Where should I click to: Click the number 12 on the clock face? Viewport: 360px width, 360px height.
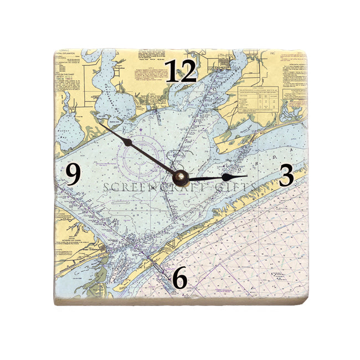[181, 71]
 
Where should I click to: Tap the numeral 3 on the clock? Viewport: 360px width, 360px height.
[286, 176]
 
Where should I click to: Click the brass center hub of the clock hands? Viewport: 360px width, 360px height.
[180, 178]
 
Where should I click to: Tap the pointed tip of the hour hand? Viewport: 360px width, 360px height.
[247, 176]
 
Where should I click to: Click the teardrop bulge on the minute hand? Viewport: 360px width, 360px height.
[128, 143]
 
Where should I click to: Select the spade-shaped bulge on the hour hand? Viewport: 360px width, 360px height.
[226, 177]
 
